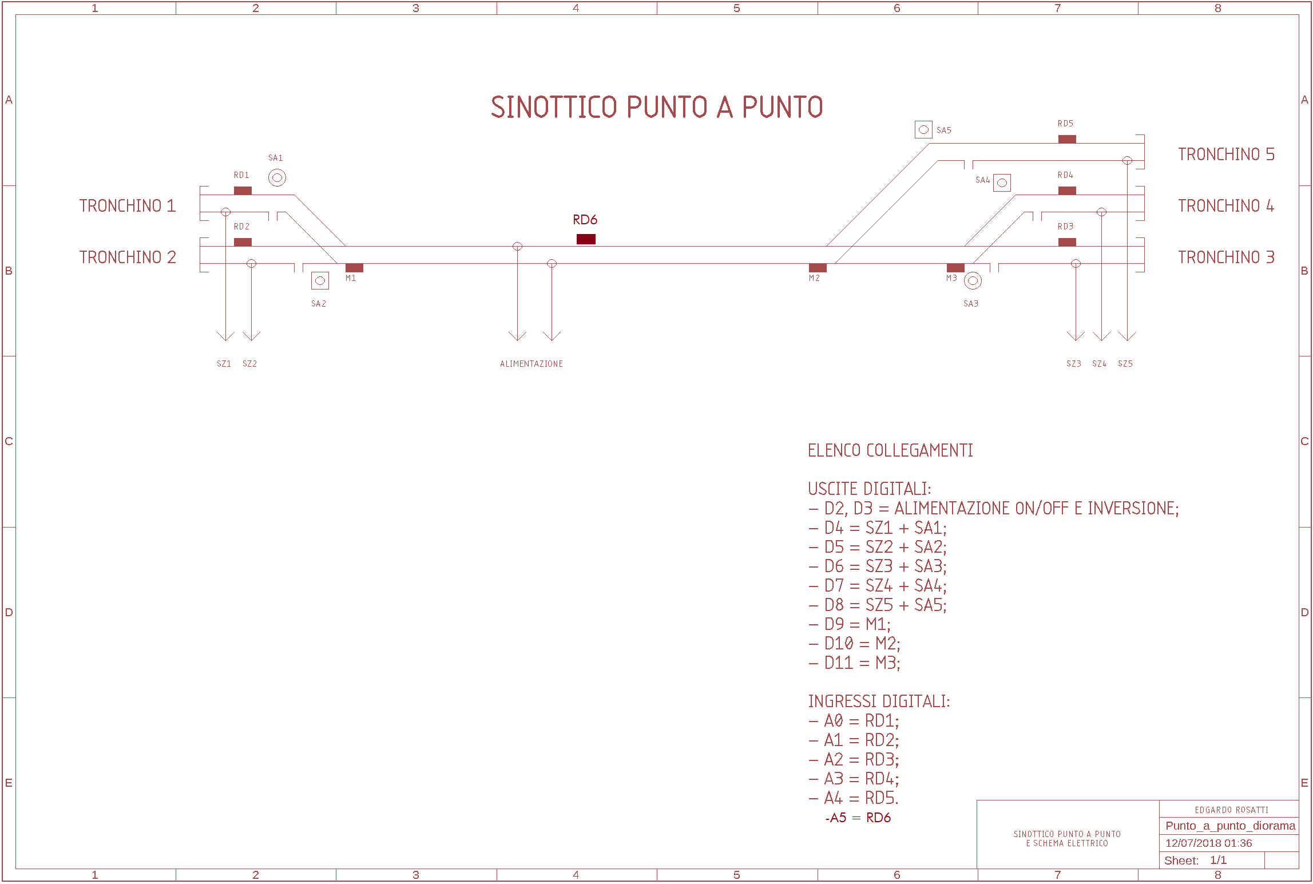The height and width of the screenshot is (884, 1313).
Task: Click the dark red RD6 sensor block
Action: [586, 239]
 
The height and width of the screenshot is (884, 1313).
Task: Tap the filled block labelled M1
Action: [354, 268]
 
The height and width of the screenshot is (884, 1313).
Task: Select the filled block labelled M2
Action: [818, 268]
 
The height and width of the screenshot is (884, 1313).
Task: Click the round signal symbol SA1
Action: [277, 177]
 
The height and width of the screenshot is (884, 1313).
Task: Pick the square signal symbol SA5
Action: [923, 130]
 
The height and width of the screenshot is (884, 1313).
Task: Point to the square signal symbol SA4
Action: [1002, 183]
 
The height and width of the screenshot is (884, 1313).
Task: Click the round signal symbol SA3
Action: [973, 280]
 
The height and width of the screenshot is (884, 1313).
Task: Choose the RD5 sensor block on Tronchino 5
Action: [1067, 139]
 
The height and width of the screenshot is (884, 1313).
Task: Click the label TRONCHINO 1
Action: [127, 206]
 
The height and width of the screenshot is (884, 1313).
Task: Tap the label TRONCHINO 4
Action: [1225, 206]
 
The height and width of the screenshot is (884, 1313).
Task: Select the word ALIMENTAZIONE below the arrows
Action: [531, 364]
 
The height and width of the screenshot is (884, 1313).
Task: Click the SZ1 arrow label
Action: [224, 364]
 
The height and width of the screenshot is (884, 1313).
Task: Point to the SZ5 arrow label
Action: [1125, 364]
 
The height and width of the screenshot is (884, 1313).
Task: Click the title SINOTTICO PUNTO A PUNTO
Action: [657, 107]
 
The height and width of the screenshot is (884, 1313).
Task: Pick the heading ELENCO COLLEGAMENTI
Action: [890, 451]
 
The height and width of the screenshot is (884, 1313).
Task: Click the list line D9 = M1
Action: [850, 624]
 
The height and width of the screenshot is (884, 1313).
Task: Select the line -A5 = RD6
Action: [858, 818]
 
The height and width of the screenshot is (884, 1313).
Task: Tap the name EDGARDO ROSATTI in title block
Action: [1231, 810]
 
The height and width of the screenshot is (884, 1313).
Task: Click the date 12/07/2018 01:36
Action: [1208, 843]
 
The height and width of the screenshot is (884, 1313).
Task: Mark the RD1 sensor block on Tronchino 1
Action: [243, 191]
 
